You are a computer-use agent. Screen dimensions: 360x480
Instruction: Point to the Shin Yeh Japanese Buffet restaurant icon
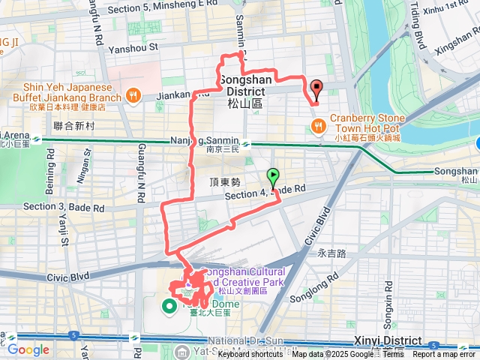click(x=133, y=94)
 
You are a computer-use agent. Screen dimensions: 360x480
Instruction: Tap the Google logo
click(x=28, y=349)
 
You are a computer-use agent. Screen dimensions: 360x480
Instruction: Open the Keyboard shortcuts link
click(x=250, y=354)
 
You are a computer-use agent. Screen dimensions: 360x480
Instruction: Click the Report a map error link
click(x=448, y=354)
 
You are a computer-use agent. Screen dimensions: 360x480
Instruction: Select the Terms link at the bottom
click(x=391, y=354)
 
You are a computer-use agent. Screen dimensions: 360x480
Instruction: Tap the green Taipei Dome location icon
click(x=169, y=305)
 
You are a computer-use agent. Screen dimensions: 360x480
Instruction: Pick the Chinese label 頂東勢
click(x=225, y=183)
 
